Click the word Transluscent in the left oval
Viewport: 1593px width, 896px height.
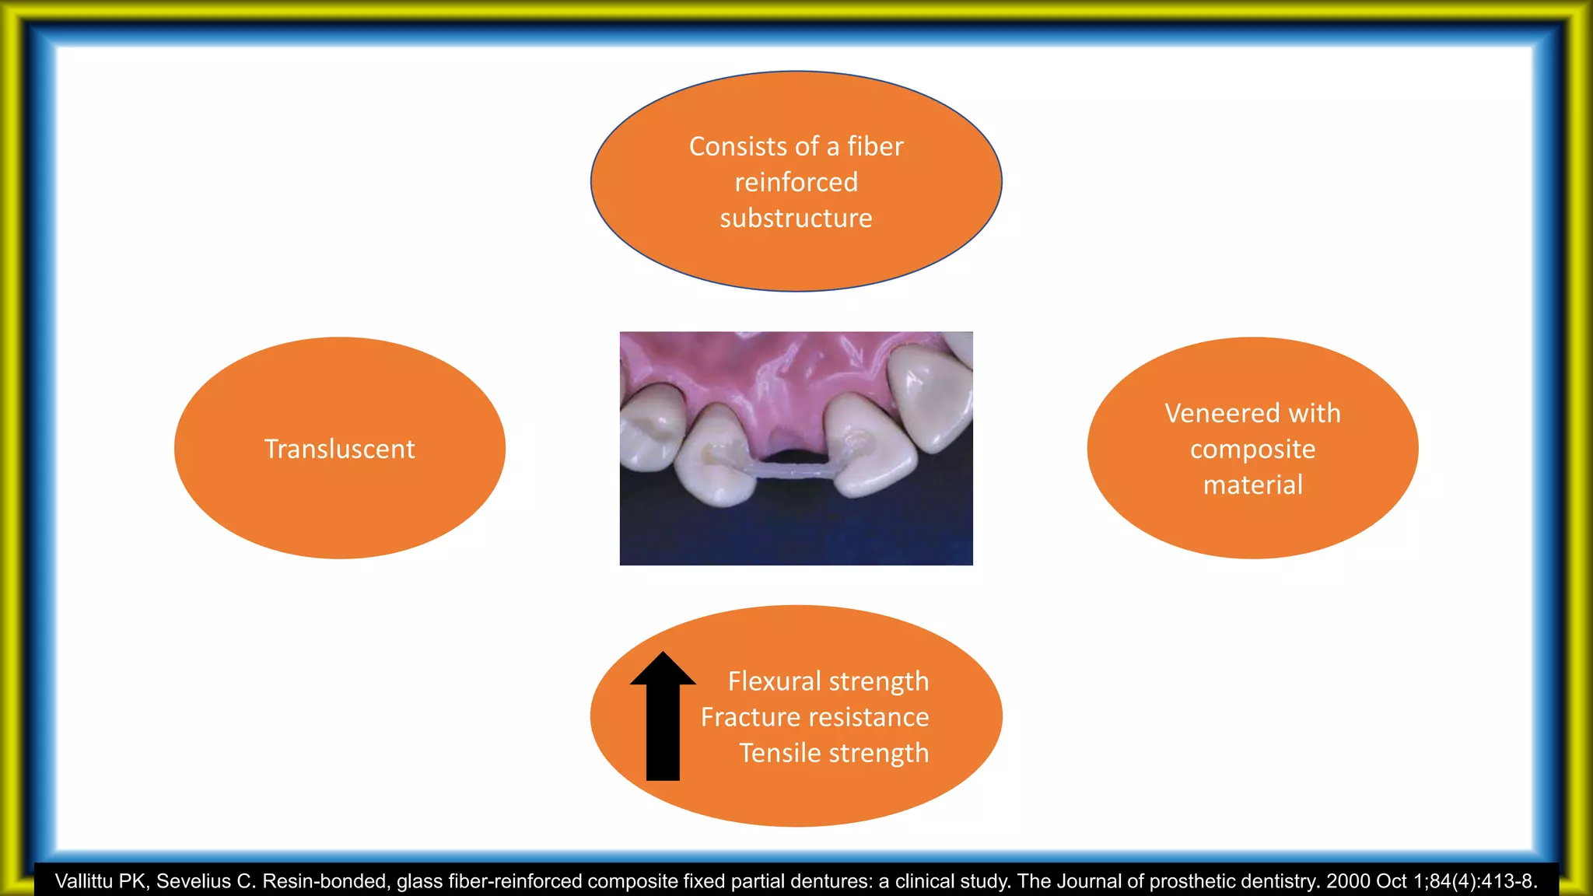pos(339,449)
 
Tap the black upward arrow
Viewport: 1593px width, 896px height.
pos(663,716)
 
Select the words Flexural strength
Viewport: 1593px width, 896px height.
pos(828,681)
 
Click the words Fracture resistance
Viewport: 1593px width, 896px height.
pos(814,717)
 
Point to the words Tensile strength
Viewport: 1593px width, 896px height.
pos(834,753)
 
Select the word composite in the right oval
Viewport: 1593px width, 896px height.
pos(1252,450)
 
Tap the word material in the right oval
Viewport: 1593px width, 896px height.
pos(1252,485)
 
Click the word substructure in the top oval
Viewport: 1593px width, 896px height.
pos(796,219)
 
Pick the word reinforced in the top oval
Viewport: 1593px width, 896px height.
pos(796,183)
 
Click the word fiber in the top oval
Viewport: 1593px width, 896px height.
pos(875,146)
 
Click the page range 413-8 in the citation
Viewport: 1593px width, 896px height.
pos(1506,881)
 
